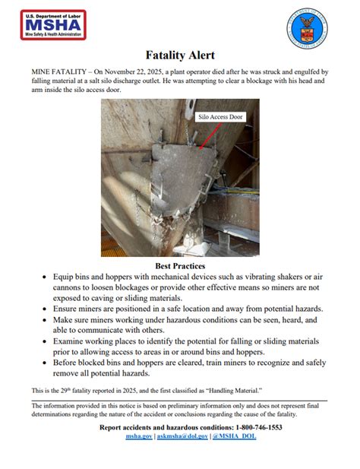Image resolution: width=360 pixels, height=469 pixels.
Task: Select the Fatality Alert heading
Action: click(x=180, y=55)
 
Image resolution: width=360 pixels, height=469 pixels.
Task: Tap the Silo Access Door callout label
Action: click(x=222, y=118)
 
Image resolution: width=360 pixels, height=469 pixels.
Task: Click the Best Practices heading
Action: click(x=180, y=267)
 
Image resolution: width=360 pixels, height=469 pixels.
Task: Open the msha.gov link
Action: click(x=139, y=436)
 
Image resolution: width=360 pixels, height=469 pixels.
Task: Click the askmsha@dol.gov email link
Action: click(x=182, y=436)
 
